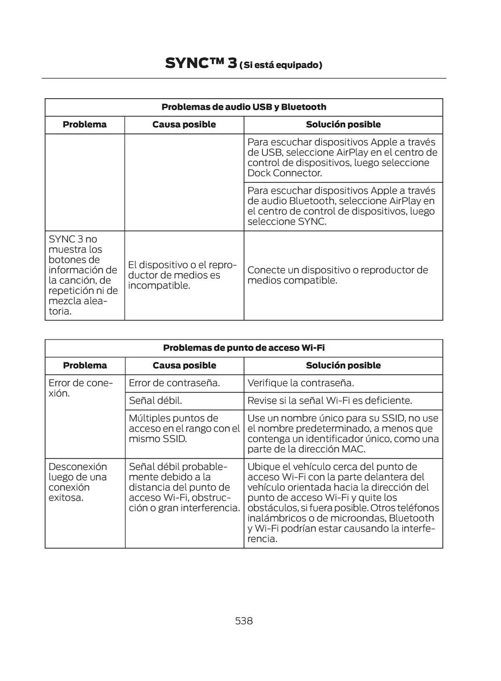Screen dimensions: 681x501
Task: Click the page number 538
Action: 244,621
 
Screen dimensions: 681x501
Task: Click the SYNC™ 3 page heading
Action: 201,63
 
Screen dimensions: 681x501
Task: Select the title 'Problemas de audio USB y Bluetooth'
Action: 244,107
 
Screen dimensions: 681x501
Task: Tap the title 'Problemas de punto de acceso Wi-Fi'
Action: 244,348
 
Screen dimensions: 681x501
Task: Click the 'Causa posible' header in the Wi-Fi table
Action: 184,365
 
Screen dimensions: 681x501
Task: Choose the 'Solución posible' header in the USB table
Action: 343,124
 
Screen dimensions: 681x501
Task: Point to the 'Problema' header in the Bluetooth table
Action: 84,124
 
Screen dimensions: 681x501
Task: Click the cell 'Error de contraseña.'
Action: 174,383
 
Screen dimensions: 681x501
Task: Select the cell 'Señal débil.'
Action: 155,400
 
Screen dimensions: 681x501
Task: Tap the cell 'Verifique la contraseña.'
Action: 301,383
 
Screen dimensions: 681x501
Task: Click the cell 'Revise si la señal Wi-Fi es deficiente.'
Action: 330,400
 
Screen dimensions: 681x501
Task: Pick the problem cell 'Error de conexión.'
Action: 80,388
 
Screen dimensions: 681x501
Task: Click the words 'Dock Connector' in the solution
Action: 284,173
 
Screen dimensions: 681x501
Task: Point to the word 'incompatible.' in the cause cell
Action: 159,285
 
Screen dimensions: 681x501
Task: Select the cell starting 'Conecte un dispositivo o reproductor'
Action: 337,275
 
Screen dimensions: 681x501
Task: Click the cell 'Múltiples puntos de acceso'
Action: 184,428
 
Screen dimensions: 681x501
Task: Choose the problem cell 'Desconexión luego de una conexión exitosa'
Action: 78,482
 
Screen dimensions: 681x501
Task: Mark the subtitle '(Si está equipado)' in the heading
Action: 281,65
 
